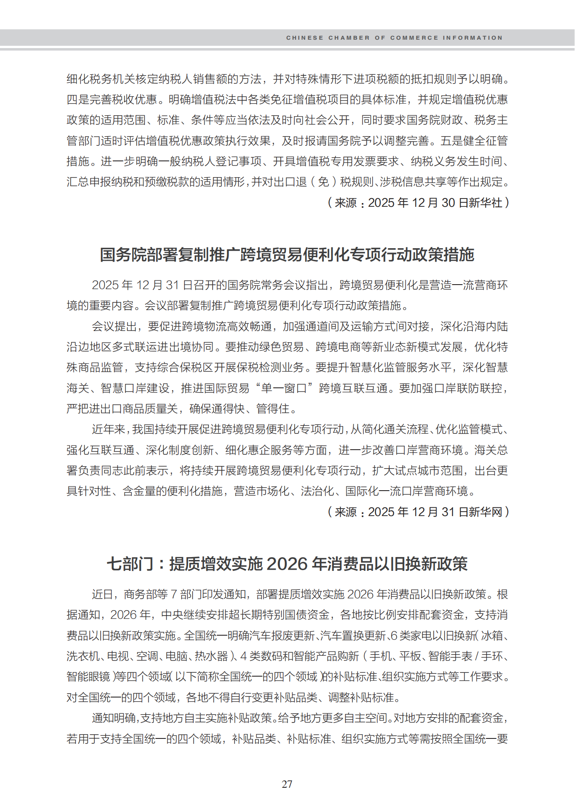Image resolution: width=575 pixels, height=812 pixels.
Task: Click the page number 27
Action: point(287,784)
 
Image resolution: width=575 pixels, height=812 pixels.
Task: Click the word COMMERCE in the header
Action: point(414,38)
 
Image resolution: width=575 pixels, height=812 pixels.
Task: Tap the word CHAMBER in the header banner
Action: point(349,38)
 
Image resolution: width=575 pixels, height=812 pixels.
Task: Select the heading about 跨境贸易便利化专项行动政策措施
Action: point(287,255)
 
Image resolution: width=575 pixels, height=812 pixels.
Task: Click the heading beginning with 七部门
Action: point(287,564)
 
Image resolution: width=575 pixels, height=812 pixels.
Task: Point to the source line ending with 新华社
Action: point(418,203)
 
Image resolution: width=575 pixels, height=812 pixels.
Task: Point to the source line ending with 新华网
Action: point(418,512)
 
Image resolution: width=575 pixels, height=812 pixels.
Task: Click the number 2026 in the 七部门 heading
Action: point(287,564)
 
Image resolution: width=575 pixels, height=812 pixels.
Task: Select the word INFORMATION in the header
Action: point(473,38)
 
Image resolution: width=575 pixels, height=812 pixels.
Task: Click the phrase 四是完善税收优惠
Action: point(112,99)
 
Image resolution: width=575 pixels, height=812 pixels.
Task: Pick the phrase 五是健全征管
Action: point(474,141)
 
